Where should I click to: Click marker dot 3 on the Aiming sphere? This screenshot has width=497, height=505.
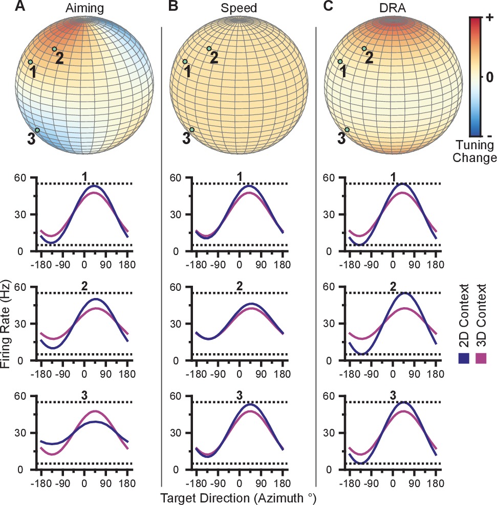[37, 130]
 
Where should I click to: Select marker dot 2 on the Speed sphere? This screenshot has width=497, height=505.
[209, 49]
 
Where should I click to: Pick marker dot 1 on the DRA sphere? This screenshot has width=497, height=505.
[340, 62]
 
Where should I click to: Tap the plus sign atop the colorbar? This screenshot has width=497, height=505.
[489, 18]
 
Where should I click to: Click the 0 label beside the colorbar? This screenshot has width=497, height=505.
[489, 77]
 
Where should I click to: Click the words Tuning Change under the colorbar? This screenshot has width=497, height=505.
[477, 152]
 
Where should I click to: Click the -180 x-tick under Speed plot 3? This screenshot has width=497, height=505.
[195, 484]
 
